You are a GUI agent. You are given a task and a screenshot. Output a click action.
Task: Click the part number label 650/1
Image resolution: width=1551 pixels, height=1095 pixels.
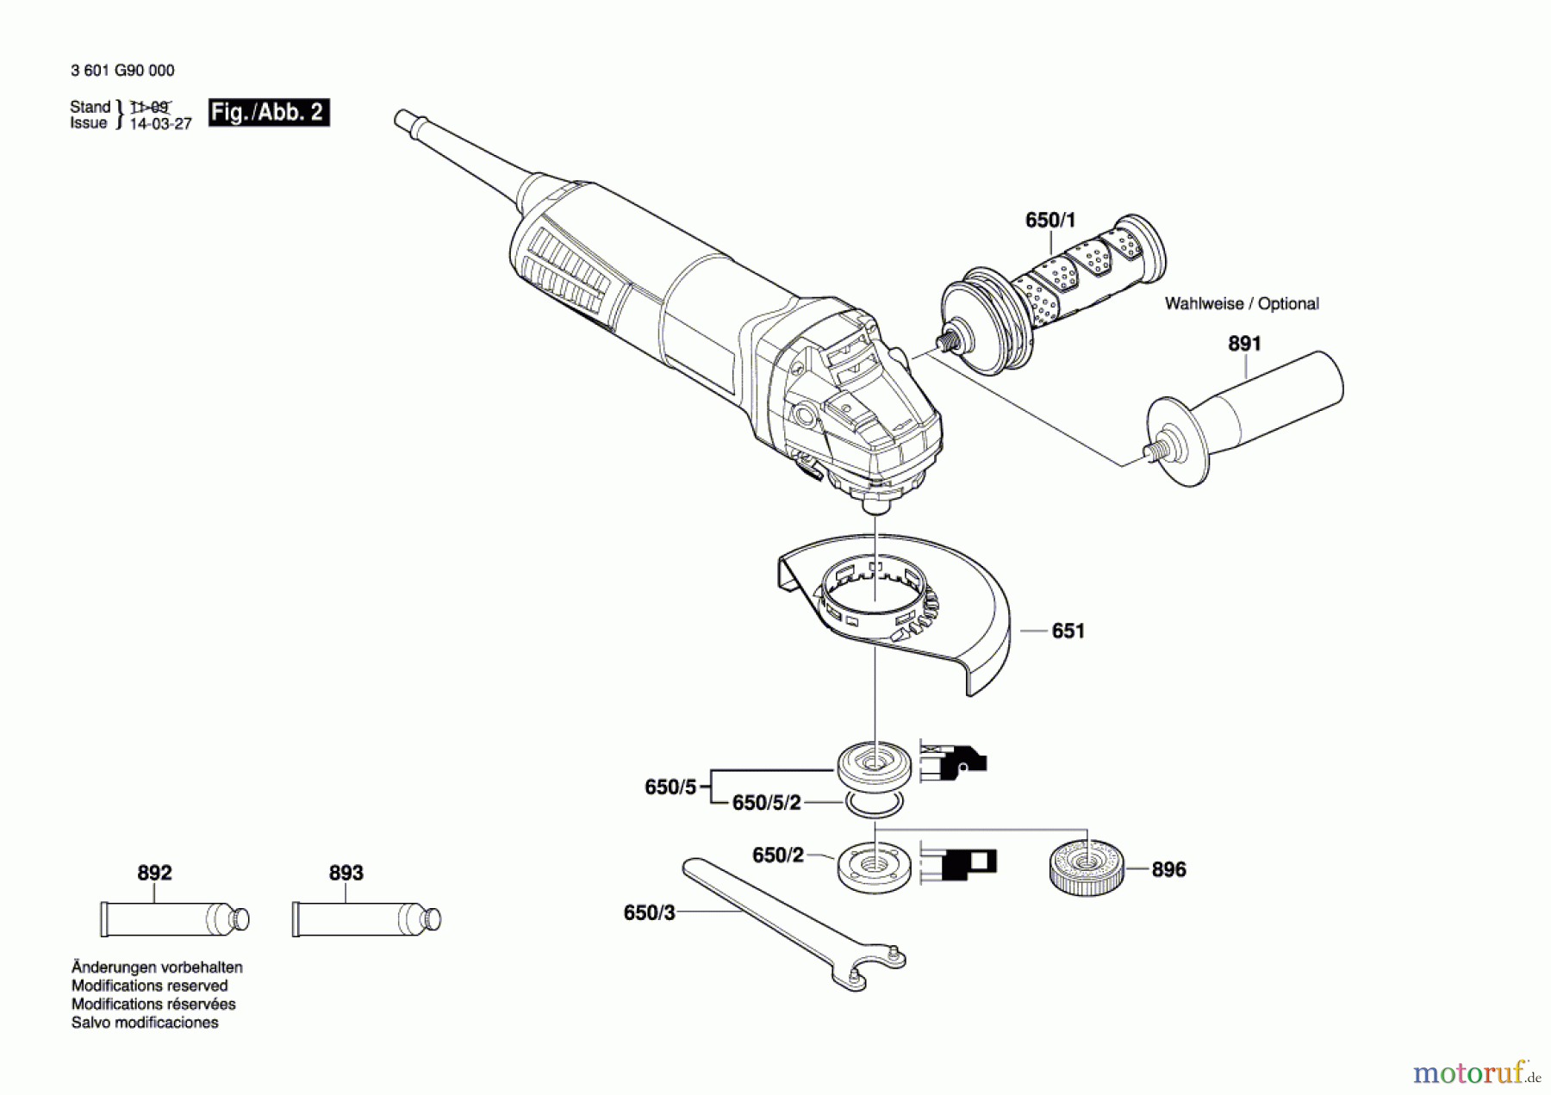click(x=1050, y=221)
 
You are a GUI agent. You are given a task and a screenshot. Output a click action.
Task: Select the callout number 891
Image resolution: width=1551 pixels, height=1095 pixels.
click(x=1243, y=344)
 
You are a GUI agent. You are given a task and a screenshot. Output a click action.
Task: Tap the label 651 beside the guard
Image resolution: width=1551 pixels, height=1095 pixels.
click(x=1068, y=631)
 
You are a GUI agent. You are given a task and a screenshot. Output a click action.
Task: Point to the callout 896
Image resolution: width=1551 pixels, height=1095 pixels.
click(x=1168, y=870)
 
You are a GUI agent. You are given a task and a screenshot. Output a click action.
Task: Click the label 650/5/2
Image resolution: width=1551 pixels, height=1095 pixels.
click(x=766, y=803)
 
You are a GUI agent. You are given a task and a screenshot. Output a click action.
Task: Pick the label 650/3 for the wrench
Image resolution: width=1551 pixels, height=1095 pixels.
click(x=649, y=913)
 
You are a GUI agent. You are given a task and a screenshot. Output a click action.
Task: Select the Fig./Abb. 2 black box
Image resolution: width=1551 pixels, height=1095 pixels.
click(x=268, y=113)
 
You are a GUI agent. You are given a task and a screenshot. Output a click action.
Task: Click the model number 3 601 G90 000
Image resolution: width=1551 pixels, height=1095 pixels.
click(x=122, y=71)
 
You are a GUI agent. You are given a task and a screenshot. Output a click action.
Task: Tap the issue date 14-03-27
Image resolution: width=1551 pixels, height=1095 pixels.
click(x=160, y=124)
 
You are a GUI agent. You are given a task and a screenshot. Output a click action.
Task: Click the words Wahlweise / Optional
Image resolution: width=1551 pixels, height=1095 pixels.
click(x=1241, y=304)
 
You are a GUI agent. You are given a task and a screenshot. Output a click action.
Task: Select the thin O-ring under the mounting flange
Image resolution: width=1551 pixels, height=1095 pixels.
click(x=874, y=805)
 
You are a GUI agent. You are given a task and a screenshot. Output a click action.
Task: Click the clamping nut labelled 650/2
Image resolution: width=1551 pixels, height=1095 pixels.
click(x=874, y=867)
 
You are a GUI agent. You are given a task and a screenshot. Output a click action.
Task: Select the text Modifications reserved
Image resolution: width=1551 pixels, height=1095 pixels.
click(x=149, y=986)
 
